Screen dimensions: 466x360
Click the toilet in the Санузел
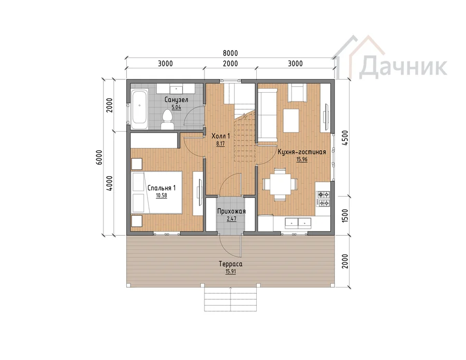pos(167,120)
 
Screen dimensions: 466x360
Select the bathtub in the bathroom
pos(139,109)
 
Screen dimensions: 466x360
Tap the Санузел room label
pos(176,99)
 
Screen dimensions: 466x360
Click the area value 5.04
pos(176,107)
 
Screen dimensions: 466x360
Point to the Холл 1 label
pos(221,136)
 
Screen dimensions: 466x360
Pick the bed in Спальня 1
pos(156,192)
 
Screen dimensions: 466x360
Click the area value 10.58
pos(162,195)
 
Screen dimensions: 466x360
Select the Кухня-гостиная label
pos(302,152)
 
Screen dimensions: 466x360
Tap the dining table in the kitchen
pos(280,184)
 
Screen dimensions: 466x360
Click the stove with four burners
pos(323,198)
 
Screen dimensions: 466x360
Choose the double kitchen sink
pos(298,223)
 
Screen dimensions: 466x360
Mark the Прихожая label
pos(231,211)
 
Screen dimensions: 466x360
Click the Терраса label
pos(230,264)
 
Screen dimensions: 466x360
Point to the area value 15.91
pos(230,271)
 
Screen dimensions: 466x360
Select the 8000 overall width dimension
pos(230,53)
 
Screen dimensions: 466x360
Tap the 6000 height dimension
pos(99,157)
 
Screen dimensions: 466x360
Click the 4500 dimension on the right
pos(345,138)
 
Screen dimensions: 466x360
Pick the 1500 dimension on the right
pos(345,216)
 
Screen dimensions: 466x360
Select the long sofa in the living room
pos(267,116)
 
